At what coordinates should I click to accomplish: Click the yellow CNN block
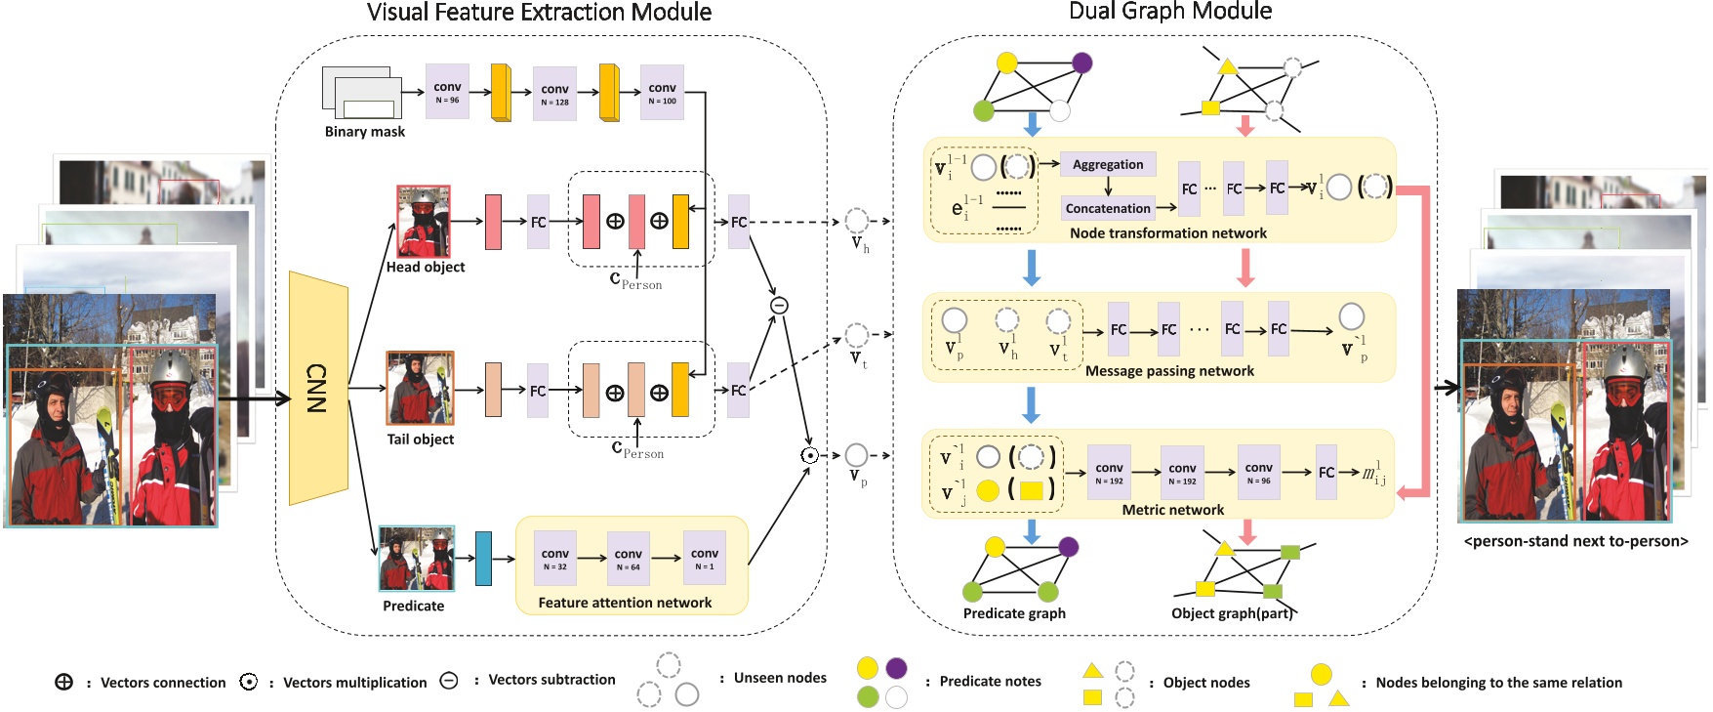(x=318, y=388)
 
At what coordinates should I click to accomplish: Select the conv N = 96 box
(x=447, y=92)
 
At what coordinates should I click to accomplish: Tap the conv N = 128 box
(x=554, y=94)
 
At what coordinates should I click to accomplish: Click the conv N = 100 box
(x=662, y=93)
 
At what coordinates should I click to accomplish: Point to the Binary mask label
(x=364, y=132)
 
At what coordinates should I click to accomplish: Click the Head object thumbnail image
(x=424, y=222)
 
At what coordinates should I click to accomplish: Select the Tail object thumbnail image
(x=420, y=388)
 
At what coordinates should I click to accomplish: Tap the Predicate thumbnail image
(x=417, y=559)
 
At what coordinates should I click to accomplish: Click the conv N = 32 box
(x=554, y=559)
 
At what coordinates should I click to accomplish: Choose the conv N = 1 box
(x=704, y=559)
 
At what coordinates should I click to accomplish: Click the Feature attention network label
(x=625, y=603)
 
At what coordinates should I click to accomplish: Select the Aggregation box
(x=1108, y=164)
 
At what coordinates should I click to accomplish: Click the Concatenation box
(x=1108, y=208)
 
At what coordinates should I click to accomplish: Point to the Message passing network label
(x=1169, y=371)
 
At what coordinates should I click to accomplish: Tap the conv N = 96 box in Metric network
(x=1258, y=473)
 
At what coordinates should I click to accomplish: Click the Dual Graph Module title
(x=1170, y=12)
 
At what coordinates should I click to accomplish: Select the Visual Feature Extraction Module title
(x=539, y=13)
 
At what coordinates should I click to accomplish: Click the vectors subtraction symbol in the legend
(x=449, y=681)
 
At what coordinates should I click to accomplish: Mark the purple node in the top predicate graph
(x=1081, y=63)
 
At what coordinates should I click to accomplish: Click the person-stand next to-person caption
(x=1575, y=541)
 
